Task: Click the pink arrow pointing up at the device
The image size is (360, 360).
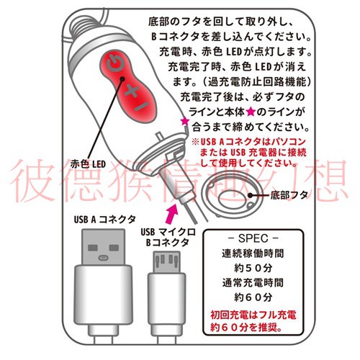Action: point(171,212)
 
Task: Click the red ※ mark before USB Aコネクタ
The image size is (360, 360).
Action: point(193,140)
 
